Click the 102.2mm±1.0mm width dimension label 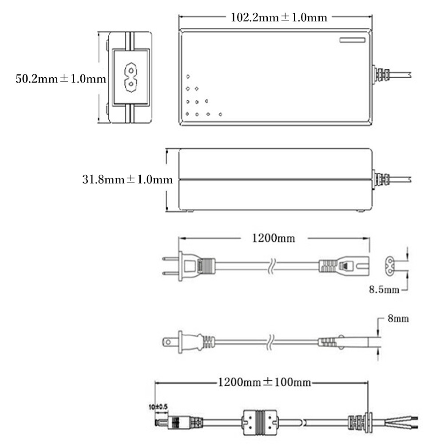pos(279,18)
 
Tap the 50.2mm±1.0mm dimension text pos(61,79)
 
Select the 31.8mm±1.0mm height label pos(127,179)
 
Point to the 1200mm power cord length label pos(274,238)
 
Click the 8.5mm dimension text pos(384,289)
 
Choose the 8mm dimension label pos(398,318)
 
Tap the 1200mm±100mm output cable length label pos(265,382)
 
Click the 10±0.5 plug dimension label pos(159,407)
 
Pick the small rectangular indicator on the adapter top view pos(353,40)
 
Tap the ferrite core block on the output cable pos(259,423)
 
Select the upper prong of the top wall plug pos(170,258)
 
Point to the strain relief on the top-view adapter pos(381,75)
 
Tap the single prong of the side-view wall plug pos(170,342)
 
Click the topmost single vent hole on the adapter pos(188,76)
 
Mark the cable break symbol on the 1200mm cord pos(270,266)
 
